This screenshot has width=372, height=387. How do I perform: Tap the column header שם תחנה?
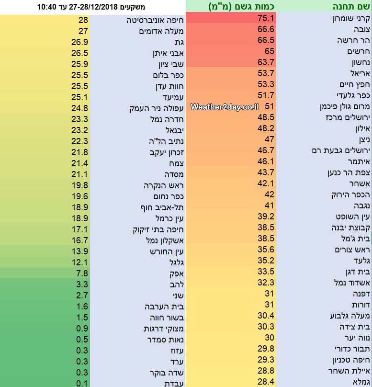click(x=350, y=7)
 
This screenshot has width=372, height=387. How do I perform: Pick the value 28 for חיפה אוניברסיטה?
click(x=83, y=20)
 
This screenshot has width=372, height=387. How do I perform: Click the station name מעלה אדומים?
click(x=155, y=31)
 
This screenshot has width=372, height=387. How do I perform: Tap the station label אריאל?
click(x=361, y=73)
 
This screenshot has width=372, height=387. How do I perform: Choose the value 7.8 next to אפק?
click(x=81, y=273)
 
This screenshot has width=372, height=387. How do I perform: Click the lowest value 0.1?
click(x=81, y=383)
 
